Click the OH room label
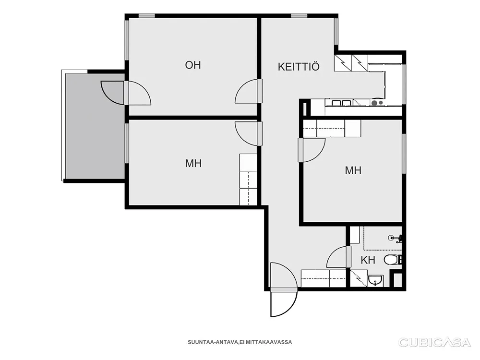[193, 65]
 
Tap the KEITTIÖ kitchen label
[299, 67]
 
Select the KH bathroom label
[368, 260]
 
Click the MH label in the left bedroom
[193, 163]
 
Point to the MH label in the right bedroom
[353, 170]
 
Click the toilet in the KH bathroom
[393, 260]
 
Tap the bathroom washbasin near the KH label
[375, 280]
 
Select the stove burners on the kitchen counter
[377, 103]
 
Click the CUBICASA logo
[434, 342]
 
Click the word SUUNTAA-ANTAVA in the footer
[213, 342]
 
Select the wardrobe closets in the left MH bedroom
[248, 180]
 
